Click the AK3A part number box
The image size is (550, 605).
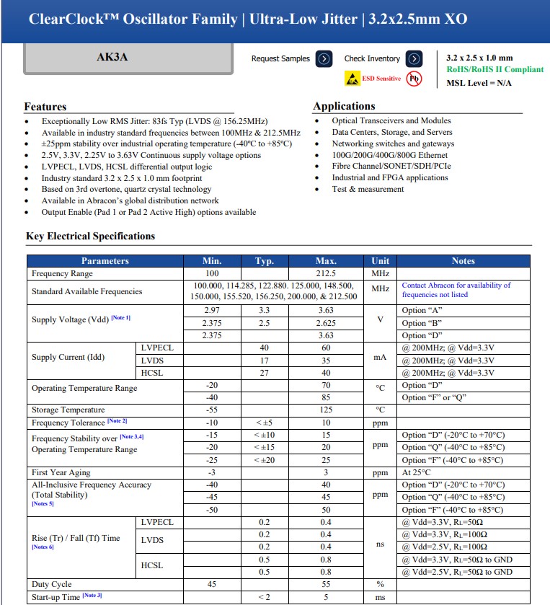[x=112, y=58]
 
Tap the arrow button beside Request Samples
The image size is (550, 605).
[x=324, y=58]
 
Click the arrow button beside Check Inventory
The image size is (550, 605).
[x=414, y=58]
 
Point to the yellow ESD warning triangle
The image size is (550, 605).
[x=352, y=78]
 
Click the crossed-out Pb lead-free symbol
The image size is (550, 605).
[x=414, y=78]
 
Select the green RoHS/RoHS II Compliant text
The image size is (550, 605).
[x=494, y=69]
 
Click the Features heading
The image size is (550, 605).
[x=45, y=107]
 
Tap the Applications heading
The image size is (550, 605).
[x=344, y=106]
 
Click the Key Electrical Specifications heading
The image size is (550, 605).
[x=90, y=236]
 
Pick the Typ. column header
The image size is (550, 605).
[x=265, y=261]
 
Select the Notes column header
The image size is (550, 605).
[x=463, y=261]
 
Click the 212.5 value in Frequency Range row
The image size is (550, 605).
[x=326, y=274]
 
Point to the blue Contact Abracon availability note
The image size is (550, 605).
[x=456, y=290]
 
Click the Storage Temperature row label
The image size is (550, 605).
[x=68, y=410]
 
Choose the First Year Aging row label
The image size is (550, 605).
[x=62, y=472]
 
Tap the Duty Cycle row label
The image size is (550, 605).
[x=51, y=584]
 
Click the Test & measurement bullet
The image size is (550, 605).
[x=368, y=189]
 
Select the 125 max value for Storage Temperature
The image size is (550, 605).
[x=326, y=410]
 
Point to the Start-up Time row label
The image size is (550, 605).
[x=56, y=596]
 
